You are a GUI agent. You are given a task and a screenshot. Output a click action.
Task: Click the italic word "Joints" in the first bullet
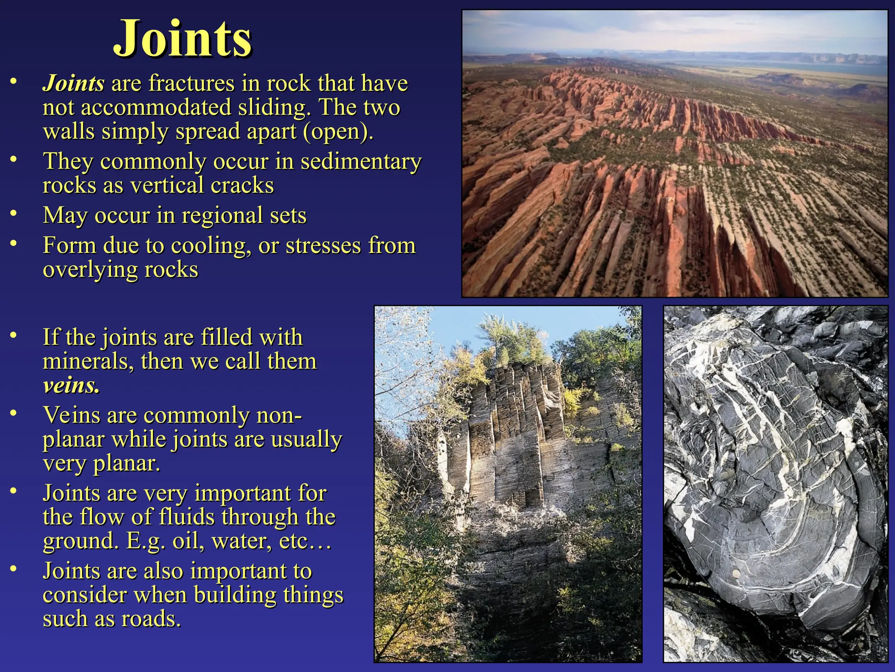(73, 83)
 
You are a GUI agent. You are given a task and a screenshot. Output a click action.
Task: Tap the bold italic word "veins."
(71, 385)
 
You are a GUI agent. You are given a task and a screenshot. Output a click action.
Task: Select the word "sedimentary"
(361, 161)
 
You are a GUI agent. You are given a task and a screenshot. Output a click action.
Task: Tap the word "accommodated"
(156, 107)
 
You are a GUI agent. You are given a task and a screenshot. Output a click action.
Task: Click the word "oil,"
(189, 541)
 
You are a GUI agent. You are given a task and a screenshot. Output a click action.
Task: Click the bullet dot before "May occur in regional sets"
(14, 213)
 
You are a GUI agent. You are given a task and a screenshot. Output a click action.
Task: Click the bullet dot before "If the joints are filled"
(14, 335)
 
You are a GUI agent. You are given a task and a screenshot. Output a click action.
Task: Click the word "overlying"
(90, 269)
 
